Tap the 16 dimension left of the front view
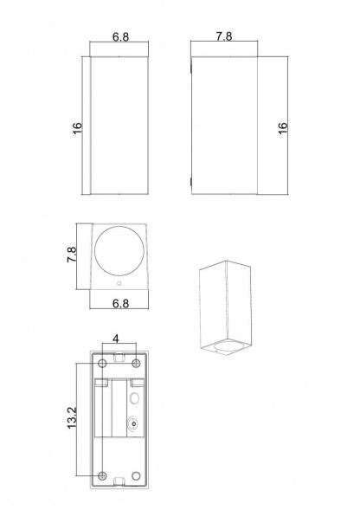[x=77, y=127]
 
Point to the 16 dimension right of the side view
[x=283, y=127]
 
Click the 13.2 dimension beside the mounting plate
[x=73, y=417]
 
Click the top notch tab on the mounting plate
[x=118, y=355]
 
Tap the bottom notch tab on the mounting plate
[x=118, y=481]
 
